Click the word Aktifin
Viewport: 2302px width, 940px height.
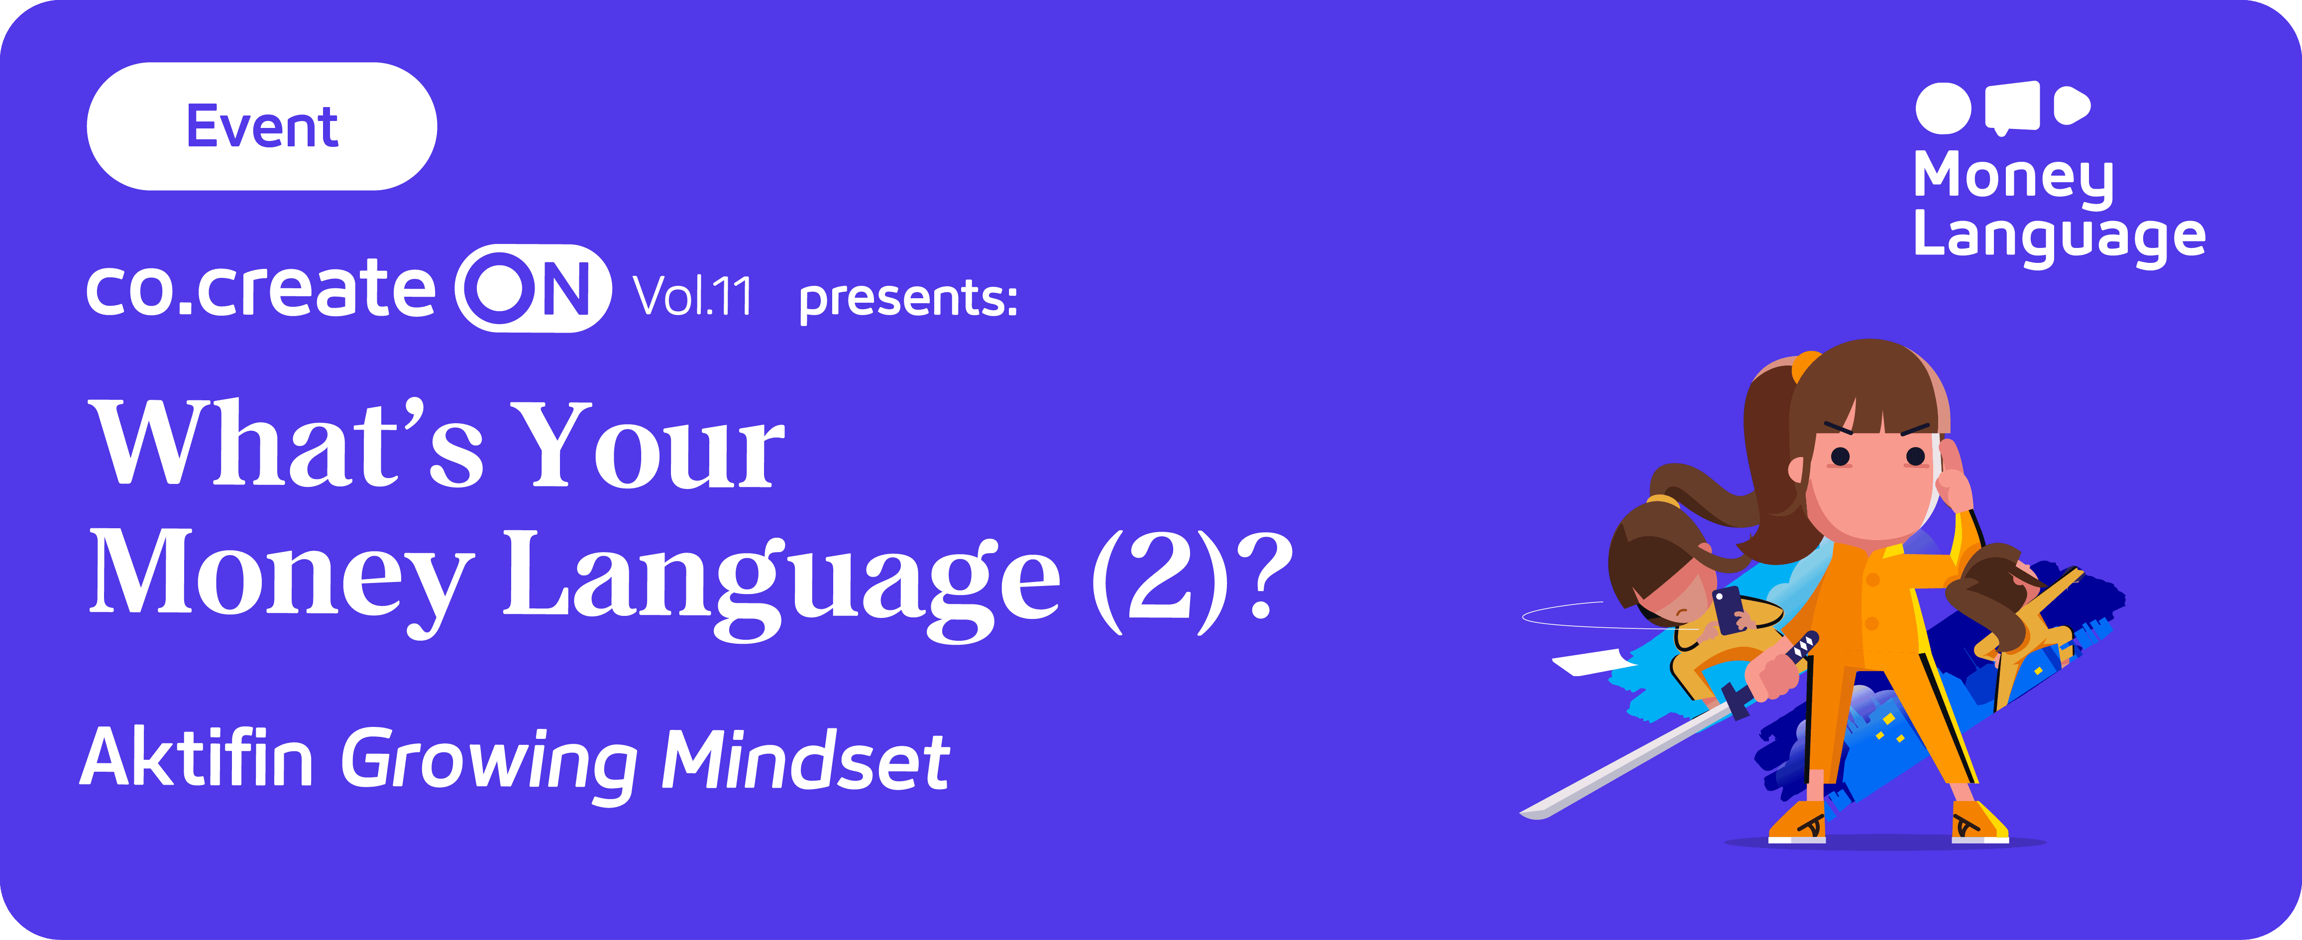(197, 758)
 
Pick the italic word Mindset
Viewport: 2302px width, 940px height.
(804, 759)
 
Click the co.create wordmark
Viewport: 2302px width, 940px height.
(260, 289)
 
